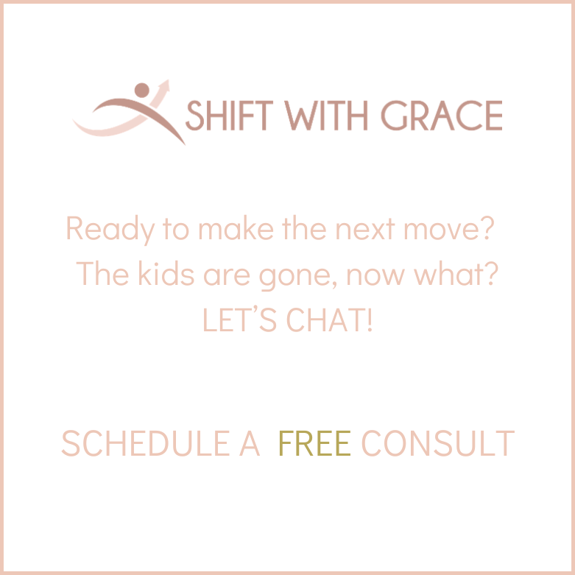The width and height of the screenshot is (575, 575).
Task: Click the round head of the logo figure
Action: [x=141, y=91]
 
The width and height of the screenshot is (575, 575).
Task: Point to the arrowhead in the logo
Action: [x=164, y=85]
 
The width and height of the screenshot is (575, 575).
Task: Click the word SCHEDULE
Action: [x=151, y=444]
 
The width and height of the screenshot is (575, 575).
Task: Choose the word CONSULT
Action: [x=437, y=444]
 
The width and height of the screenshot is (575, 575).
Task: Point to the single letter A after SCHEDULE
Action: [x=250, y=444]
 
